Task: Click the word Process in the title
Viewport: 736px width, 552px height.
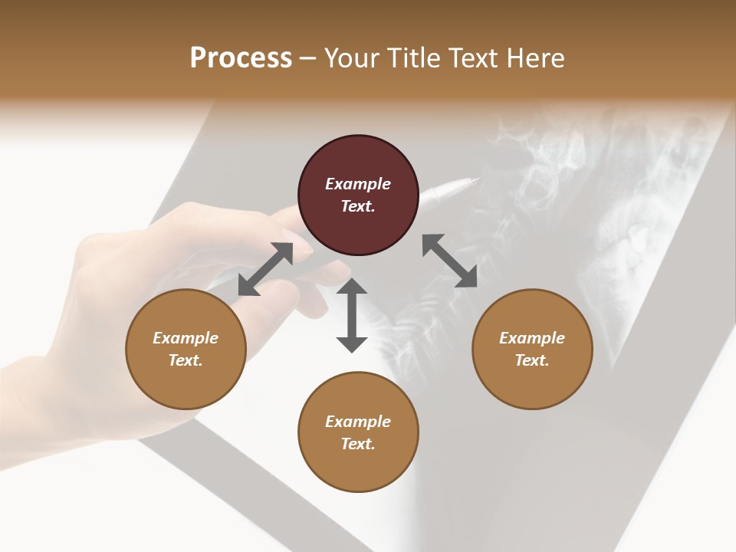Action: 241,58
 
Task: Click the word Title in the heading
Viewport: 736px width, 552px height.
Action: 413,58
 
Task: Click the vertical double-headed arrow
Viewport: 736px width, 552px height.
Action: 352,315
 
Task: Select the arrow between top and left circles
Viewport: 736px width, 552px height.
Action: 265,269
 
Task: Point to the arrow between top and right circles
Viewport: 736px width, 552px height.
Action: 449,261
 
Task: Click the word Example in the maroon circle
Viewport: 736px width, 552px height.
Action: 358,184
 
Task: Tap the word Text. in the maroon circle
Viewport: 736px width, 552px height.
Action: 358,206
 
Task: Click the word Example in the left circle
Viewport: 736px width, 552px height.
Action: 186,338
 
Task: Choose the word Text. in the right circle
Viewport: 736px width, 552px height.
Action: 532,360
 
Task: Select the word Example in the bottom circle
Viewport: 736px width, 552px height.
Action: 358,422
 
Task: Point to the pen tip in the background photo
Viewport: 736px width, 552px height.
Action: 475,181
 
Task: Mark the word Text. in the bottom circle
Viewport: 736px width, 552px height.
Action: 358,444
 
